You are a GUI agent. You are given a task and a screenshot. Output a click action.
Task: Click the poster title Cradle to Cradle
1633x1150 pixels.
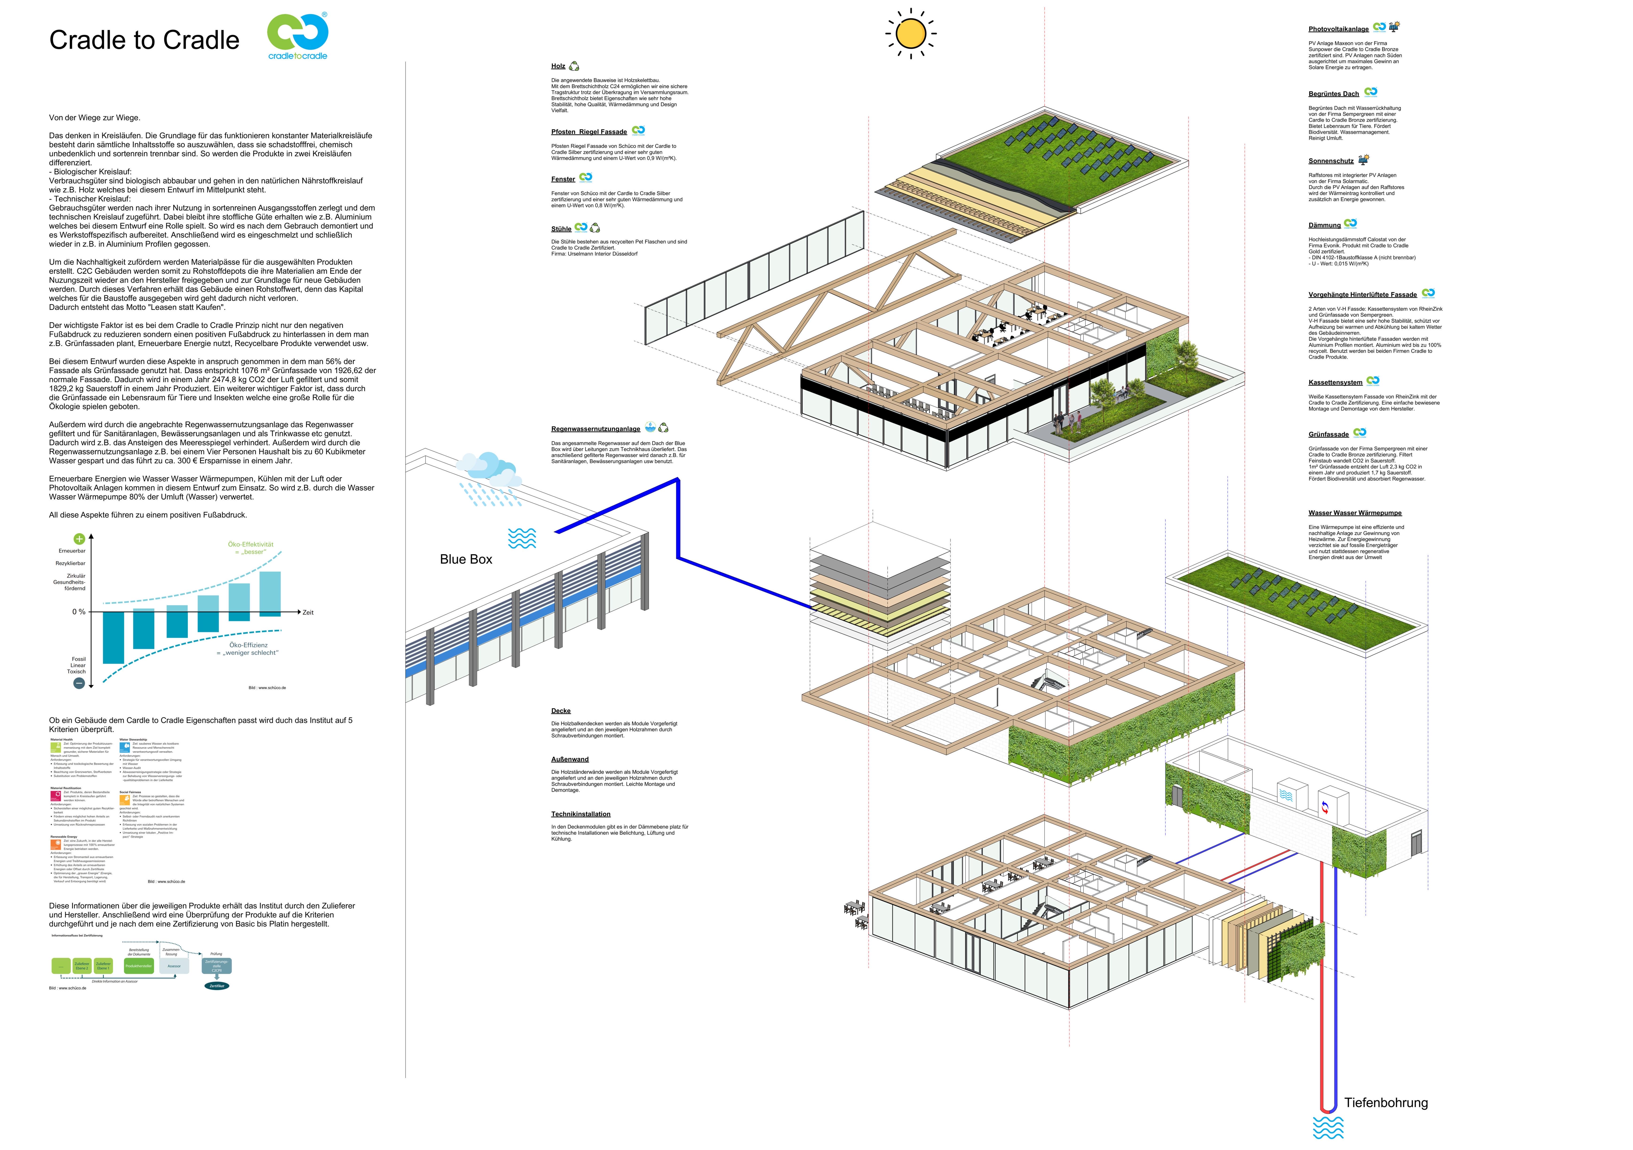point(144,41)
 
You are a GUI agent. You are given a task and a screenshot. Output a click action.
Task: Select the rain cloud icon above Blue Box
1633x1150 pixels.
point(490,472)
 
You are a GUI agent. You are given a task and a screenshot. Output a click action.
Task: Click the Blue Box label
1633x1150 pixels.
point(466,559)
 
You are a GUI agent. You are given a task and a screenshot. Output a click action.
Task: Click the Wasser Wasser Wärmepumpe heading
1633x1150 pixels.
point(1354,513)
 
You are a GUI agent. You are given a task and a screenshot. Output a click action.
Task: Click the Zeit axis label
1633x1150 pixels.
point(308,613)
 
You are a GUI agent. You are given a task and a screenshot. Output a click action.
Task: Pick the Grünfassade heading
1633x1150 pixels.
point(1328,434)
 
